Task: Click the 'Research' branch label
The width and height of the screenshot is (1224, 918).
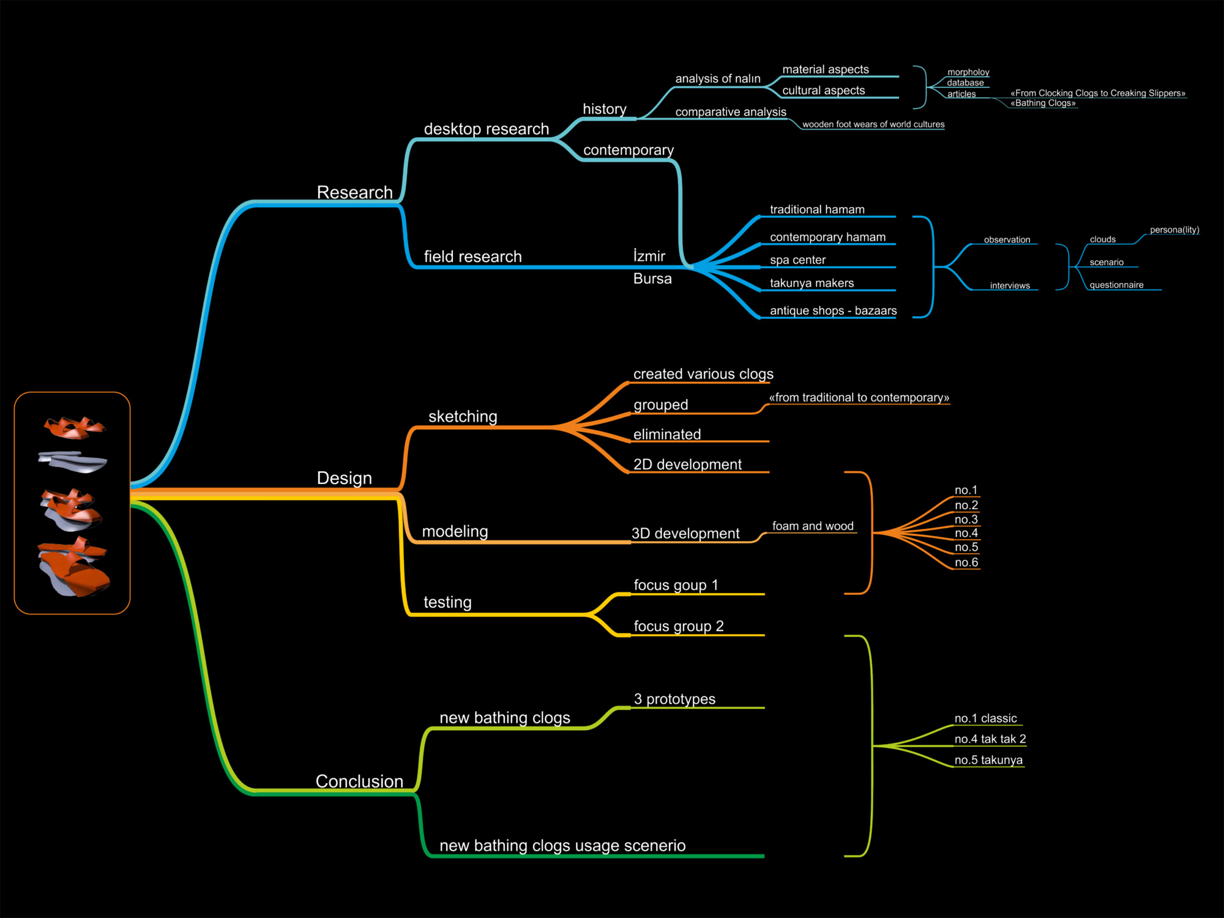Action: point(354,192)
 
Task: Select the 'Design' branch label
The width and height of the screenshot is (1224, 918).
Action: point(344,478)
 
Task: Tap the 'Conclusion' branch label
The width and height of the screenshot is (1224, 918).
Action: point(359,781)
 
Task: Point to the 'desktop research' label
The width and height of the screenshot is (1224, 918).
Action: point(487,129)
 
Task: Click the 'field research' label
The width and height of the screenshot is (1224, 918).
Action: point(472,256)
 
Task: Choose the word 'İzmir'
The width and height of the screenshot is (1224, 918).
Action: point(649,256)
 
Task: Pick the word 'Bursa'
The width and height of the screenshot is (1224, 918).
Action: point(652,278)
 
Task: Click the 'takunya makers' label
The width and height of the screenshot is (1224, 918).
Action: point(812,283)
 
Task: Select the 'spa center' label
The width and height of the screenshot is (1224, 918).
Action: point(797,260)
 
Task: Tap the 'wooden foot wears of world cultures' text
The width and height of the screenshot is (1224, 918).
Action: point(873,124)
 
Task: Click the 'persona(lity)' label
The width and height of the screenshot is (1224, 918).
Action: point(1174,230)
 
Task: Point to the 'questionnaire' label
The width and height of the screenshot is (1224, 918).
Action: point(1116,285)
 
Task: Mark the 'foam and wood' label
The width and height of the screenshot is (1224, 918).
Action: point(813,526)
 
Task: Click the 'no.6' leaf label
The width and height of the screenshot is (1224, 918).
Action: point(966,562)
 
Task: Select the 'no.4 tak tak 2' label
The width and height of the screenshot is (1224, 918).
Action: point(990,739)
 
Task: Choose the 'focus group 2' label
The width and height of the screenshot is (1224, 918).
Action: point(679,626)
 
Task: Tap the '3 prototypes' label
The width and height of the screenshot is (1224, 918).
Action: point(674,699)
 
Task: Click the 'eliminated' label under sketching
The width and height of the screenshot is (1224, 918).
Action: point(667,435)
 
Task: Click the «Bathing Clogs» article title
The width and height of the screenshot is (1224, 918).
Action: point(1043,103)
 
